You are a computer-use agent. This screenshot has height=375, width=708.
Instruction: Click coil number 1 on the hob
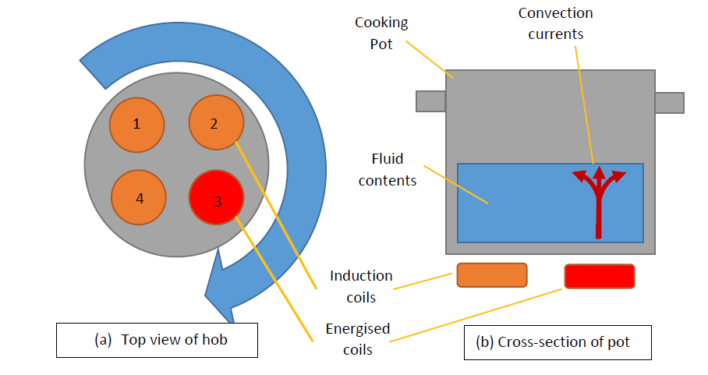(137, 125)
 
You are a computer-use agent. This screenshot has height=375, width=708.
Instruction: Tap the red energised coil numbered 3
(218, 200)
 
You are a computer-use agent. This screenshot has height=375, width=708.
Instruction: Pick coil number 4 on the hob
(140, 198)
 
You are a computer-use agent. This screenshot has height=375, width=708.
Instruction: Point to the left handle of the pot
(430, 101)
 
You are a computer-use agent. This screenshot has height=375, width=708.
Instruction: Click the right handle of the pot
(669, 102)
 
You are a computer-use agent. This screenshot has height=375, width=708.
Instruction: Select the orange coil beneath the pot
(491, 275)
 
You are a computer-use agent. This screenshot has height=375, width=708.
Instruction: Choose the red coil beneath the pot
(599, 276)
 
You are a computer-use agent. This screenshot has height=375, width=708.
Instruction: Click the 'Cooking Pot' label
(381, 33)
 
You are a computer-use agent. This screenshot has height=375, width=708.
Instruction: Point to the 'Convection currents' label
(555, 23)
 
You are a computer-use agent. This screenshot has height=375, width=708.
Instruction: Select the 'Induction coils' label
(361, 286)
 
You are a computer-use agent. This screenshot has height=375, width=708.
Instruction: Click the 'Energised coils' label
(358, 338)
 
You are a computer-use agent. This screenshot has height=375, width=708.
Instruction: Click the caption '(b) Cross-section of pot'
(558, 341)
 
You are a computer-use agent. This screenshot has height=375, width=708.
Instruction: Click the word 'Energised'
(358, 328)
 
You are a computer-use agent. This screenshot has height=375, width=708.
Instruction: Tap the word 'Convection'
(555, 13)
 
